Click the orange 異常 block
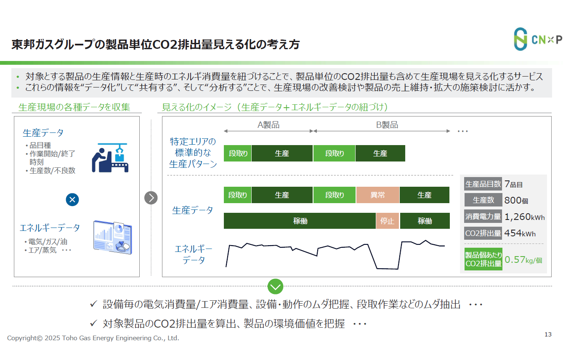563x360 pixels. (x=377, y=195)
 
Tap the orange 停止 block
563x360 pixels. (x=388, y=221)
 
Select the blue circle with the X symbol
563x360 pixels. (x=72, y=199)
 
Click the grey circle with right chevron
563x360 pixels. (x=151, y=198)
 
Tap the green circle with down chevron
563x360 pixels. (x=275, y=287)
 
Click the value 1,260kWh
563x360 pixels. (x=524, y=217)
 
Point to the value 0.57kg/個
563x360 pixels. (x=523, y=260)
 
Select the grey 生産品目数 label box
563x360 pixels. (x=483, y=184)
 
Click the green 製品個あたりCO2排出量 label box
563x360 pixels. (x=483, y=259)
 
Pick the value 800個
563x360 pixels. (x=515, y=201)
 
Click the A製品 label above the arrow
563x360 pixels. (x=268, y=125)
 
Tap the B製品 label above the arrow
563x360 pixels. (x=387, y=125)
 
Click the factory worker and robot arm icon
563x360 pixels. (x=110, y=158)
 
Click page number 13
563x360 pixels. (x=548, y=335)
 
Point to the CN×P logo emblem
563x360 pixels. (x=520, y=39)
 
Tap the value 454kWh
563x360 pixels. (x=520, y=233)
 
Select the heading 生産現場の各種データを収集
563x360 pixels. (x=74, y=107)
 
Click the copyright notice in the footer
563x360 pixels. (x=93, y=338)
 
